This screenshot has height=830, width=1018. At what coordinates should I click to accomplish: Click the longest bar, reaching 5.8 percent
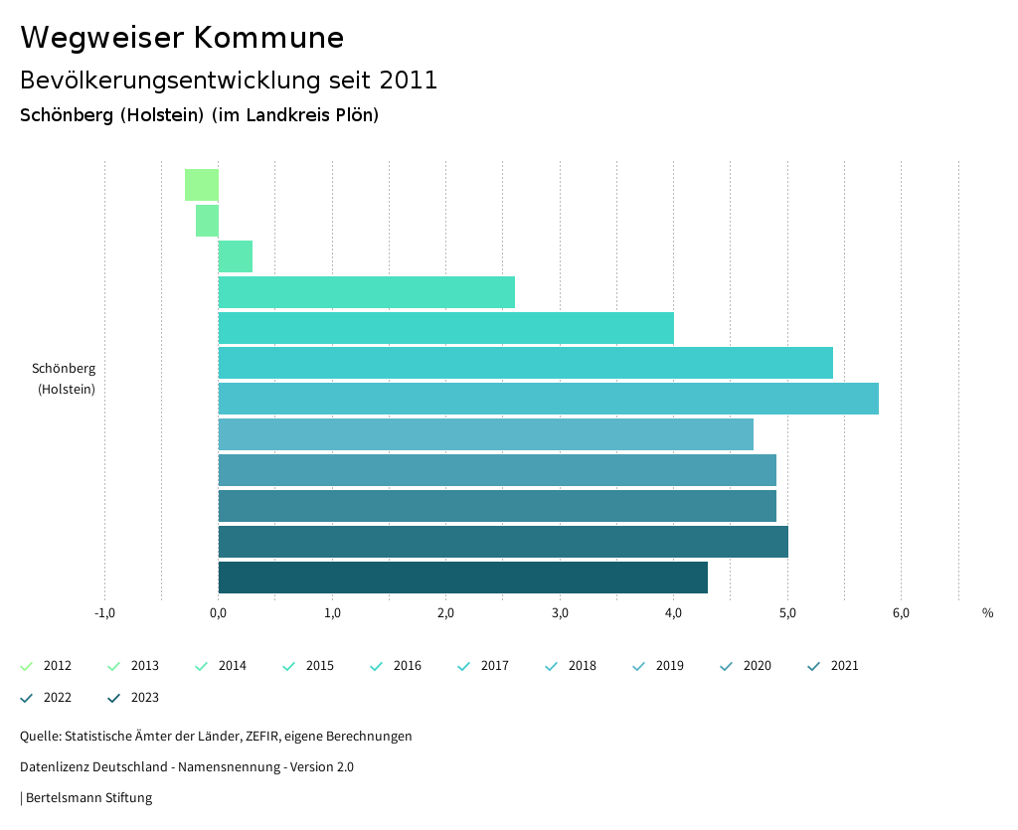548,399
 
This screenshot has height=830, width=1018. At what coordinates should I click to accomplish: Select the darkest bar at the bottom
462,578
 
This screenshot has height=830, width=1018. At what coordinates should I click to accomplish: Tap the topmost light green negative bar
201,185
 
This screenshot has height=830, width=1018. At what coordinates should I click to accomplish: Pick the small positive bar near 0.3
236,256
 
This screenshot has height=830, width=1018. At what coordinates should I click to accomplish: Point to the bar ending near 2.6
366,292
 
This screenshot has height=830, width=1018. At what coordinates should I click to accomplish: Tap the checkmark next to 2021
814,666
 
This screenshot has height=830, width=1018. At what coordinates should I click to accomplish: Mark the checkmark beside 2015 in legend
289,666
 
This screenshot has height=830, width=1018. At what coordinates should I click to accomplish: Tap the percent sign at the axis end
987,613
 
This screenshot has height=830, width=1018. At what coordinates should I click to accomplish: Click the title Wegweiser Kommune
182,38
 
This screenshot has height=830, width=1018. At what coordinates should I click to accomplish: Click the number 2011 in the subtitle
409,81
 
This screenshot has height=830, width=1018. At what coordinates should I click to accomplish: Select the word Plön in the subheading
356,115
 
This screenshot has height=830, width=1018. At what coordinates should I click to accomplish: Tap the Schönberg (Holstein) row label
65,379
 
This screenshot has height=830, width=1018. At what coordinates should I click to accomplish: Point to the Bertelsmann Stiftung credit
87,798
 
